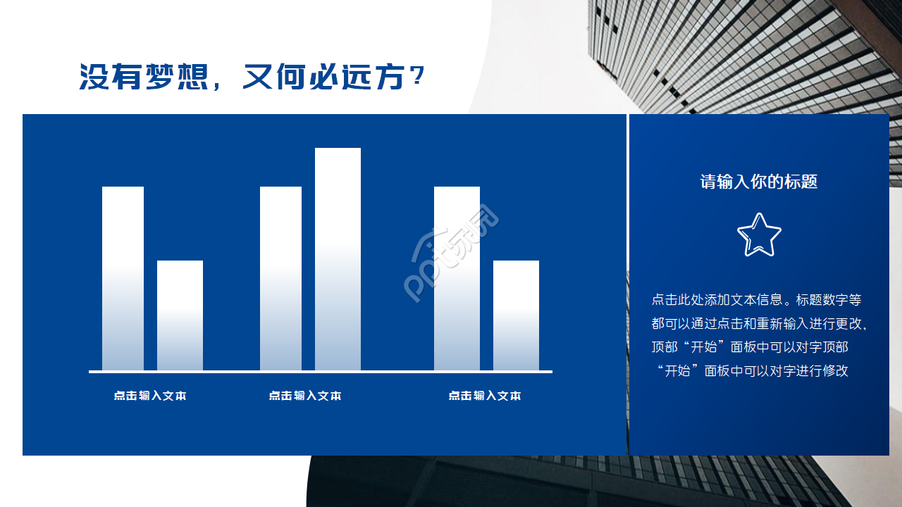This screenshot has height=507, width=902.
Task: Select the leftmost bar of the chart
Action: click(x=123, y=278)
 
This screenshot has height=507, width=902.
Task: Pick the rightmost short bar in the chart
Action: click(x=516, y=315)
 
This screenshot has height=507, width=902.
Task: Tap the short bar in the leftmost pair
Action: click(x=180, y=315)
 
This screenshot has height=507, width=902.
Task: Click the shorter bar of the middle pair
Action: click(x=280, y=278)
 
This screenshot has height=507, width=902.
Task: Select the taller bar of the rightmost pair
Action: click(x=457, y=278)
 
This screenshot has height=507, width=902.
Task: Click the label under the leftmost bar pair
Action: click(x=150, y=396)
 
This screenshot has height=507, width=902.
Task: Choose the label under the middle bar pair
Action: click(x=305, y=396)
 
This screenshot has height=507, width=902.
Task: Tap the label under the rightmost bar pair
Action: click(x=485, y=396)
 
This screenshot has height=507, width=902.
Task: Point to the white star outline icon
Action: click(x=759, y=235)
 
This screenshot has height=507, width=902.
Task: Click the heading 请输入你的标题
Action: click(x=759, y=182)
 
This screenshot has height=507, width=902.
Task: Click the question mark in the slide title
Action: click(x=416, y=76)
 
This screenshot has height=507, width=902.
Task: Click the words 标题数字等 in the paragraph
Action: click(x=829, y=300)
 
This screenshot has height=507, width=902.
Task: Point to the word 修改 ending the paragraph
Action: click(x=836, y=371)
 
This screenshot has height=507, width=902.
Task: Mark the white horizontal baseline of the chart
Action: click(x=321, y=371)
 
